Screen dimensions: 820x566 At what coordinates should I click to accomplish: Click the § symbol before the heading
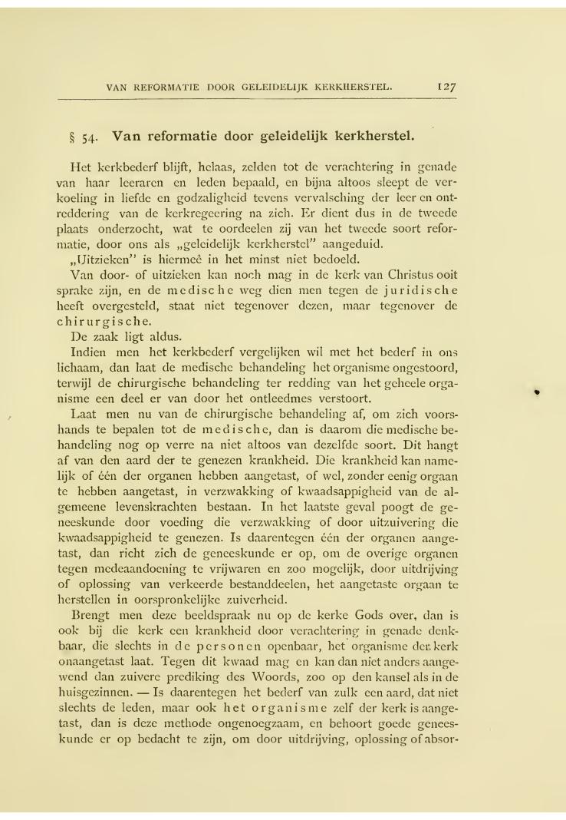point(73,139)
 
